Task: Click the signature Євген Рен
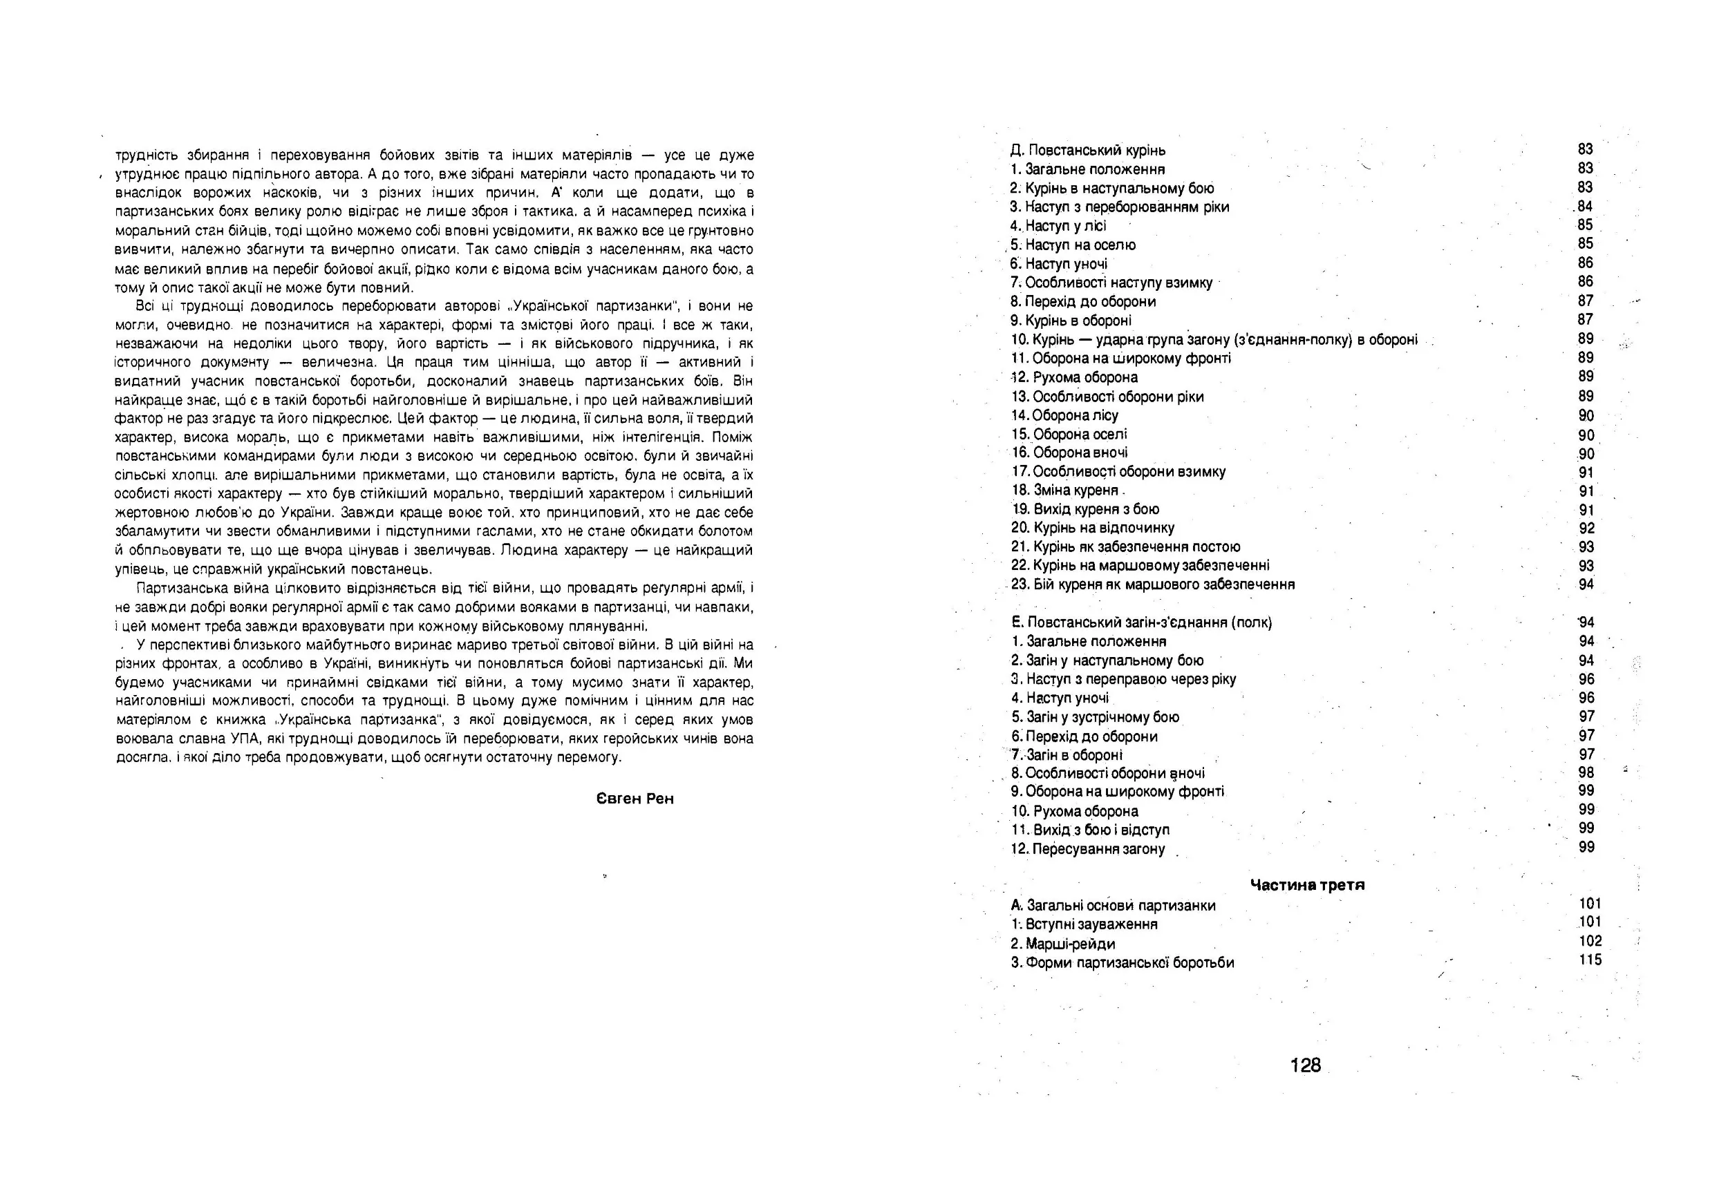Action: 635,799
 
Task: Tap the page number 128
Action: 1305,1065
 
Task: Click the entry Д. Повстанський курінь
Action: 1087,150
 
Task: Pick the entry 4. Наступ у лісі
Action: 1058,226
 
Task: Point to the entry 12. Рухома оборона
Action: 1074,377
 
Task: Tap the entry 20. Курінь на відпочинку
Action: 1092,528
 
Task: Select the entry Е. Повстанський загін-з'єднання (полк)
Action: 1141,622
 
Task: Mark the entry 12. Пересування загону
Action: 1087,849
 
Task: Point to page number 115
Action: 1590,960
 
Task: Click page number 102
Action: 1590,940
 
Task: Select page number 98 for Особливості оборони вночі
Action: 1586,772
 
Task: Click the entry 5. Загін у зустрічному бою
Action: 1095,717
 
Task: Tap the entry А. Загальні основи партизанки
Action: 1113,905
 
